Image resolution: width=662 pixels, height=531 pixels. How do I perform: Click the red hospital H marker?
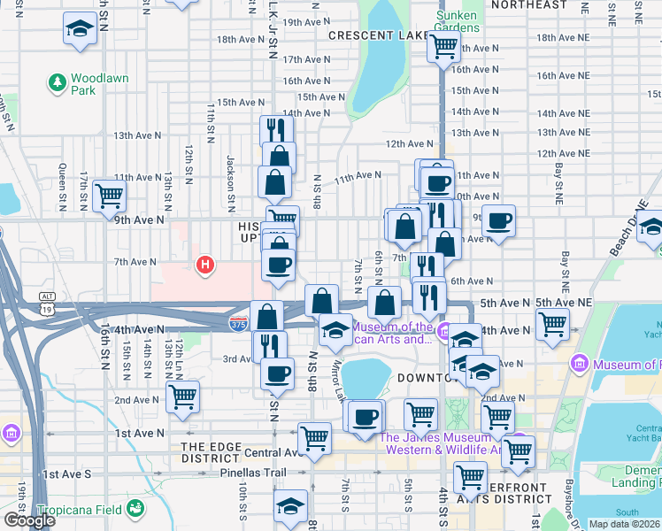click(x=206, y=265)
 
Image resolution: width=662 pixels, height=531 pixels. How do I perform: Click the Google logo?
click(x=28, y=520)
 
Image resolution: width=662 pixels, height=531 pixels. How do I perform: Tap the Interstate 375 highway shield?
click(x=238, y=324)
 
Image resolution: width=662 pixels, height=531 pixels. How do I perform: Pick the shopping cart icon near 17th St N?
click(x=109, y=194)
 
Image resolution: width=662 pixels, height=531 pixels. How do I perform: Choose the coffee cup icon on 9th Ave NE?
click(x=498, y=220)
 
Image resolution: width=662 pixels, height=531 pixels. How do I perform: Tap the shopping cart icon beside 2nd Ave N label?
click(x=182, y=396)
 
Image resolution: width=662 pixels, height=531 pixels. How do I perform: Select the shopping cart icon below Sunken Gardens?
click(x=443, y=47)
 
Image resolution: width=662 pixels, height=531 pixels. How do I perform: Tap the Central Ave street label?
click(x=265, y=452)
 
